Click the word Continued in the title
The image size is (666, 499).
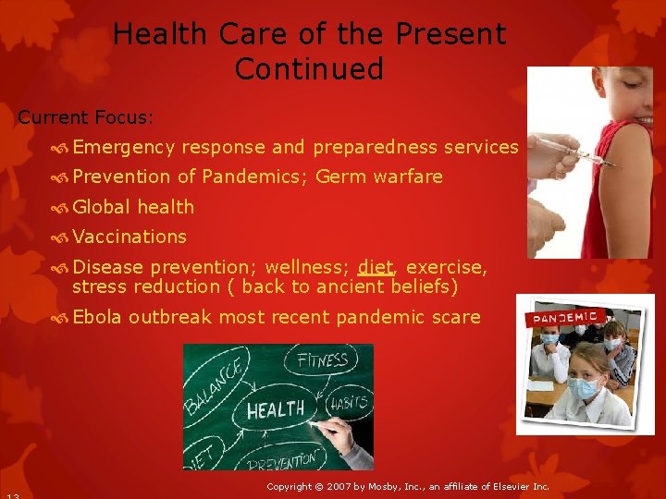click(309, 69)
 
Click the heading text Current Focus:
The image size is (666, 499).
click(86, 117)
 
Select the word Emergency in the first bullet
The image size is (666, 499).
click(124, 147)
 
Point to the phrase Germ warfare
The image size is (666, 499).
click(379, 176)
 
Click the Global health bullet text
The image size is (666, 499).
click(133, 206)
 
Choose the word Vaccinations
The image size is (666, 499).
click(129, 237)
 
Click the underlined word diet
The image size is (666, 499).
click(376, 267)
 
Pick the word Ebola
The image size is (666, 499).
click(97, 317)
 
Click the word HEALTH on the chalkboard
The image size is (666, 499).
click(276, 409)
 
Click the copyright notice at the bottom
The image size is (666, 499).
click(407, 486)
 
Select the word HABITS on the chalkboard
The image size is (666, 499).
click(348, 403)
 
